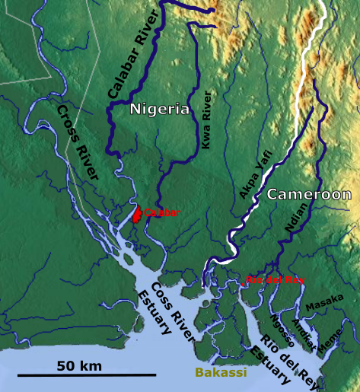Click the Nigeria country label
pos(159,110)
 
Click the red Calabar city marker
pos(136,213)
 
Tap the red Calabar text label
pos(161,212)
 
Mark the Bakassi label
pos(220,373)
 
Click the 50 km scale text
pos(79,366)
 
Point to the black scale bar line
pos(87,375)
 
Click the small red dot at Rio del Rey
pos(242,285)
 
